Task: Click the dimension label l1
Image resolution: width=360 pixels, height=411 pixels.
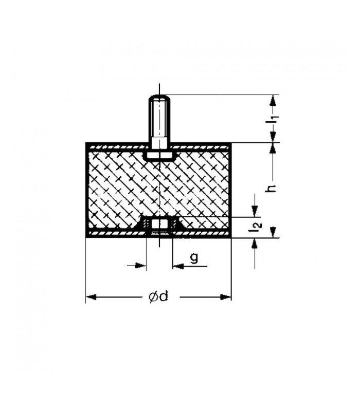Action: coord(275,118)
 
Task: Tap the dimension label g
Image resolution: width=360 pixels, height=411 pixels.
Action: coord(194,259)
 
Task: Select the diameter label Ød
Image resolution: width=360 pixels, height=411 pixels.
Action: coord(158,297)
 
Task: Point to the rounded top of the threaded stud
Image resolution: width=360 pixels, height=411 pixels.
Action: coord(159,97)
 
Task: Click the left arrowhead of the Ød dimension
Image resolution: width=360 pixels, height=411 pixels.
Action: coord(91,297)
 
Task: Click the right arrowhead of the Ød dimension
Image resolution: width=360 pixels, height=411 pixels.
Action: coord(226,297)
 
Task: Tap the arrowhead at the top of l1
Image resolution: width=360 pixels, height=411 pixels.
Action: coord(274,100)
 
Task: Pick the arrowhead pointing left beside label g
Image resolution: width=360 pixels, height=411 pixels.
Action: coord(178,266)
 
